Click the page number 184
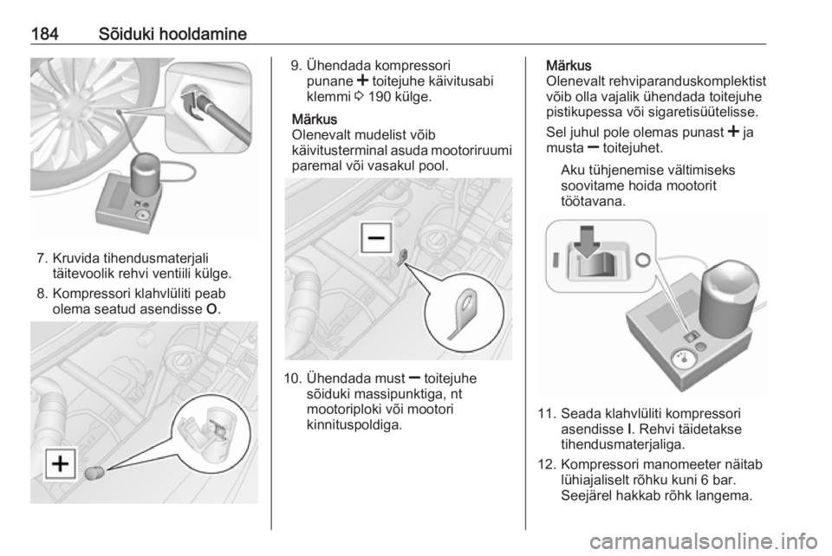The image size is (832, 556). coord(44,34)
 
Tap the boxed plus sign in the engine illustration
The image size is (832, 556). coord(61,464)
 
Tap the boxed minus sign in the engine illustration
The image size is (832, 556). coord(376,238)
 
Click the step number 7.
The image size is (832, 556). coord(42,259)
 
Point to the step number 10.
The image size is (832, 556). coord(293,378)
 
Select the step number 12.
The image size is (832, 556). coord(547,465)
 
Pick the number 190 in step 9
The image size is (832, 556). coord(380,97)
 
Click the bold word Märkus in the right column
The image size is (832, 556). coord(569,66)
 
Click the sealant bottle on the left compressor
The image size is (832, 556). coord(146,174)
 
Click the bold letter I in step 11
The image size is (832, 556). coord(628,429)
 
